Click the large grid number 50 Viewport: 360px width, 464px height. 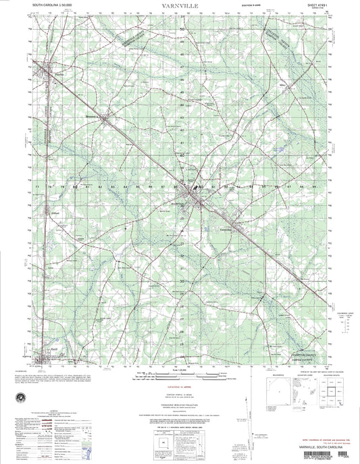point(181,29)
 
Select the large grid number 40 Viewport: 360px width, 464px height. point(181,154)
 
